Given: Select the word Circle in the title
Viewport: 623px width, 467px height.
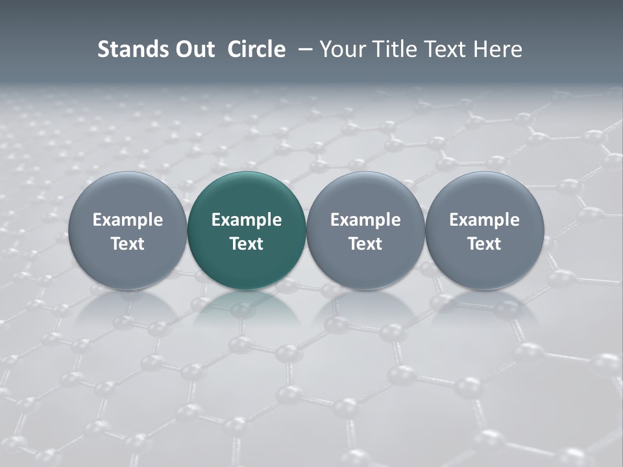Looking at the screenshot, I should tap(256, 49).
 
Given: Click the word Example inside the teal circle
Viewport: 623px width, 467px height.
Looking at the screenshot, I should tap(247, 220).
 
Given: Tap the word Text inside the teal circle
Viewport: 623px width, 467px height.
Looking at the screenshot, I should tap(247, 244).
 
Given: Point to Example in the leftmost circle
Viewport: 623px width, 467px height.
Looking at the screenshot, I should tap(128, 220).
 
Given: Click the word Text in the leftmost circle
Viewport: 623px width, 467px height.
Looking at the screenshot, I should tap(128, 244).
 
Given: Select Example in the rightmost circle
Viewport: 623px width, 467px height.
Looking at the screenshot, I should tap(484, 220).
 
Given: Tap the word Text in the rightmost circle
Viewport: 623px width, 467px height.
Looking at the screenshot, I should tap(484, 244).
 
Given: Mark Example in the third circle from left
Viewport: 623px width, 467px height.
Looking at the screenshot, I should tap(365, 220).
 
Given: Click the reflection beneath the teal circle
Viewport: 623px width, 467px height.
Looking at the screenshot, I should tap(247, 308).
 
